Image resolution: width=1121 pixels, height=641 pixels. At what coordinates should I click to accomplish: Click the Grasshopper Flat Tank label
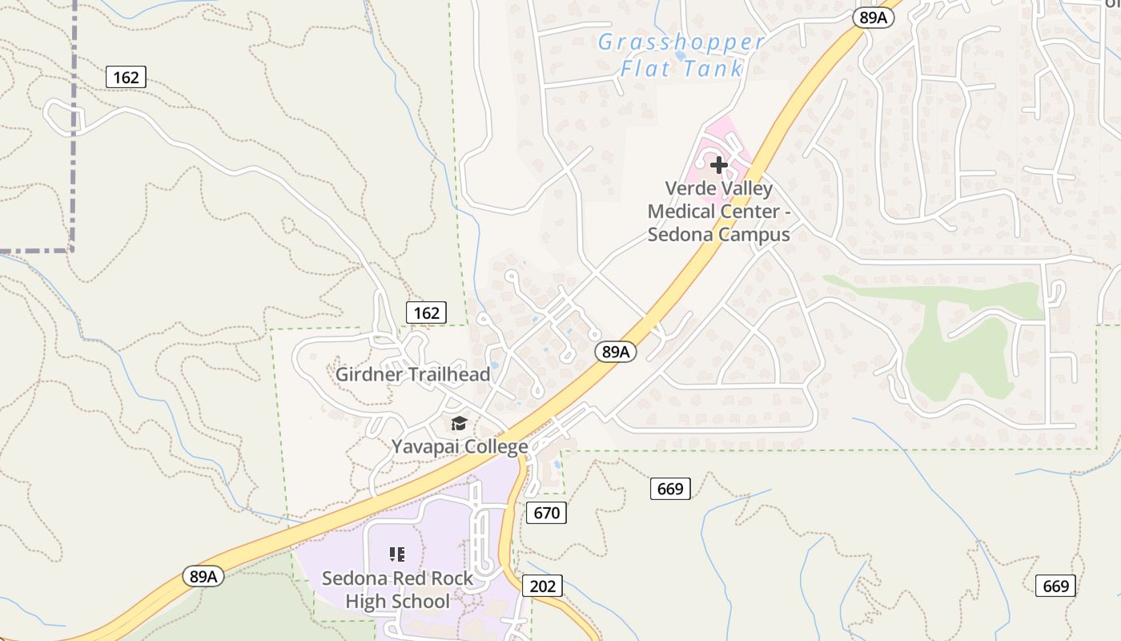[x=681, y=55]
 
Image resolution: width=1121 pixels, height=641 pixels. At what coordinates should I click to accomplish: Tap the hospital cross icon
[x=719, y=165]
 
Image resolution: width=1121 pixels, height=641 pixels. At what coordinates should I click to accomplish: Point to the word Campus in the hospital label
[x=753, y=235]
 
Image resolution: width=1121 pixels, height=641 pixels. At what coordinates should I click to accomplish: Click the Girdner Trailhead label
[x=412, y=374]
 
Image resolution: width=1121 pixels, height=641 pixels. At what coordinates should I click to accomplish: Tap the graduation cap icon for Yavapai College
[x=459, y=423]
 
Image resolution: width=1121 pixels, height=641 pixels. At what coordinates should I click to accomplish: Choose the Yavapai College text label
[x=460, y=446]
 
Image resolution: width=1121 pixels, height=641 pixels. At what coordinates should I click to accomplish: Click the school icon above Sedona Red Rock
[x=396, y=554]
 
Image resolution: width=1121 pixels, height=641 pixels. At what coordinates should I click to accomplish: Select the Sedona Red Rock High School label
[x=397, y=589]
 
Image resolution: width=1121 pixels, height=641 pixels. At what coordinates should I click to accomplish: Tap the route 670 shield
[x=546, y=513]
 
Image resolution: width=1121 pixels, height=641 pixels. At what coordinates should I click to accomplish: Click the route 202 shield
[x=542, y=586]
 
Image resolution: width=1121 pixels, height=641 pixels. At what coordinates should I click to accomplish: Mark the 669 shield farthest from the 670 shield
[x=1055, y=586]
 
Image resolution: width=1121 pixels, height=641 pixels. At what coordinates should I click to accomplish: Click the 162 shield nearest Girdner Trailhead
[x=426, y=312]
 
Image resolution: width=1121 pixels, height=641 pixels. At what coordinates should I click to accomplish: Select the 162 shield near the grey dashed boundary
[x=126, y=77]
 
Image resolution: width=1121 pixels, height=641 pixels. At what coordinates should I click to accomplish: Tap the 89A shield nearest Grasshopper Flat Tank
[x=872, y=18]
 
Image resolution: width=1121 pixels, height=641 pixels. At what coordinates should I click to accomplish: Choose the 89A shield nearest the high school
[x=203, y=576]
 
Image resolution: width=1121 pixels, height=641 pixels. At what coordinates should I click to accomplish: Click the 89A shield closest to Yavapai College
[x=615, y=351]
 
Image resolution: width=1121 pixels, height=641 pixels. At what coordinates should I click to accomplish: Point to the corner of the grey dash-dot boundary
[x=73, y=250]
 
